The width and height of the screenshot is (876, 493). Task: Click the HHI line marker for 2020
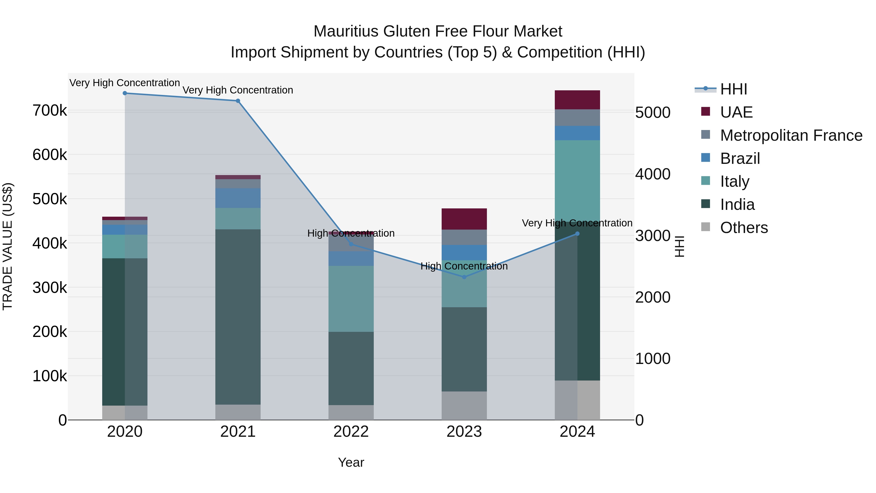pyautogui.click(x=125, y=93)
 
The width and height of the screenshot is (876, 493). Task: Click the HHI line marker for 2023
pyautogui.click(x=464, y=277)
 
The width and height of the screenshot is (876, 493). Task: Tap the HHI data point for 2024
pyautogui.click(x=577, y=234)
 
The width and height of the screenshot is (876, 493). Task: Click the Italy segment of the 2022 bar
pyautogui.click(x=351, y=298)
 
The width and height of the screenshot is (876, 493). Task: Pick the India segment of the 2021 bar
pyautogui.click(x=238, y=316)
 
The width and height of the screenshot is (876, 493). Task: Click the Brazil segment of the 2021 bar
pyautogui.click(x=238, y=198)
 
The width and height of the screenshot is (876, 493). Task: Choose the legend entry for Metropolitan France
pyautogui.click(x=791, y=135)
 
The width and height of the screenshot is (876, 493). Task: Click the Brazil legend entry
pyautogui.click(x=740, y=158)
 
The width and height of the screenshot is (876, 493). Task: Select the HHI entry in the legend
pyautogui.click(x=733, y=89)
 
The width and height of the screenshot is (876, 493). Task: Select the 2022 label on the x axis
pyautogui.click(x=351, y=432)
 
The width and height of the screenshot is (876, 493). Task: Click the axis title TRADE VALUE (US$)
pyautogui.click(x=8, y=246)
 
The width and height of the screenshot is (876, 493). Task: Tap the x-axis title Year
pyautogui.click(x=351, y=462)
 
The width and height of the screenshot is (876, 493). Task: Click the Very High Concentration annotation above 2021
pyautogui.click(x=238, y=90)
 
